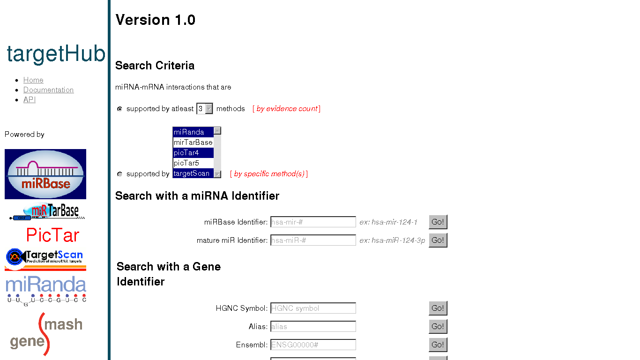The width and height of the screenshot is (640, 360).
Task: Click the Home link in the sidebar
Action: tap(33, 80)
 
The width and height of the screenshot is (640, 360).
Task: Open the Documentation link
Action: tap(48, 90)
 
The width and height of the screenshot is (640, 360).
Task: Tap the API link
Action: tap(30, 100)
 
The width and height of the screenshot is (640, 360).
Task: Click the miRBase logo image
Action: tap(45, 174)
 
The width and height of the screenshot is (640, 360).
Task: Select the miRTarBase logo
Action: tap(47, 211)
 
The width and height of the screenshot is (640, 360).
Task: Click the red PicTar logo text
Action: tap(52, 235)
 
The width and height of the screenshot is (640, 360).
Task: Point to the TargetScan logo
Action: tap(45, 259)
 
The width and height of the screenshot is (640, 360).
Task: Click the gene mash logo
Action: tap(46, 334)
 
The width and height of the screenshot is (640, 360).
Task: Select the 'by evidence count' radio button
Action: tap(120, 109)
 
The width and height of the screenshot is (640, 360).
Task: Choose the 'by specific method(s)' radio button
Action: tap(120, 174)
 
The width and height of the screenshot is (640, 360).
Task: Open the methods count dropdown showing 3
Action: tap(205, 109)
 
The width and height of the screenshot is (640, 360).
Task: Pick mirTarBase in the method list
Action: tap(193, 142)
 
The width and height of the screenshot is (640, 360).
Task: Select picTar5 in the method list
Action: tap(193, 163)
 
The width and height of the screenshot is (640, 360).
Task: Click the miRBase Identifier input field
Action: tap(313, 222)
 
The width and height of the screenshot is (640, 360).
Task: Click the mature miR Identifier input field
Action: tap(313, 240)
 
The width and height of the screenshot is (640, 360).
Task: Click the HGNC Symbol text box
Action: tap(313, 308)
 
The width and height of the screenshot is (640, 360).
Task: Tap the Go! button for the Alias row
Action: tap(438, 326)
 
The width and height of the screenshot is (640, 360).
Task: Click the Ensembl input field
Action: tap(313, 345)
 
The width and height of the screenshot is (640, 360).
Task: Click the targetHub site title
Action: tap(56, 54)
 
